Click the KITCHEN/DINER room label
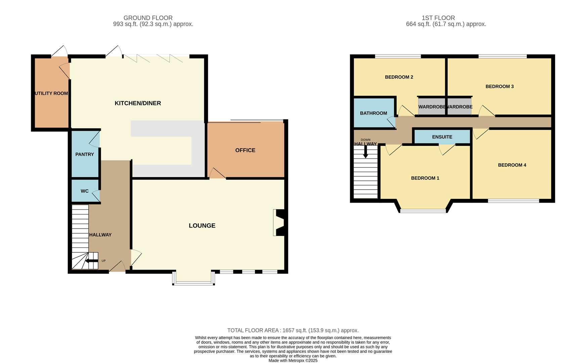pyautogui.click(x=138, y=103)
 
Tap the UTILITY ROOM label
pyautogui.click(x=51, y=93)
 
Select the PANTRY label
pyautogui.click(x=85, y=154)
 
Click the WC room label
pyautogui.click(x=85, y=191)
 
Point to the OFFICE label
pyautogui.click(x=245, y=150)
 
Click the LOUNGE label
pyautogui.click(x=202, y=226)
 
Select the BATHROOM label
pyautogui.click(x=373, y=113)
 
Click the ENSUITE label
pyautogui.click(x=442, y=137)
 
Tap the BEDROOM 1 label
pyautogui.click(x=425, y=178)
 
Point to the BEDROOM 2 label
pyautogui.click(x=399, y=77)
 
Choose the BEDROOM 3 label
pyautogui.click(x=499, y=86)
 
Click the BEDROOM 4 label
pyautogui.click(x=512, y=165)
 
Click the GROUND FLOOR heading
pyautogui.click(x=148, y=18)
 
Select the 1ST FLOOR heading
pyautogui.click(x=438, y=18)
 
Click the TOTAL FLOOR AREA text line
pyautogui.click(x=293, y=330)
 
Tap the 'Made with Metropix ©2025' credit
pyautogui.click(x=293, y=360)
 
